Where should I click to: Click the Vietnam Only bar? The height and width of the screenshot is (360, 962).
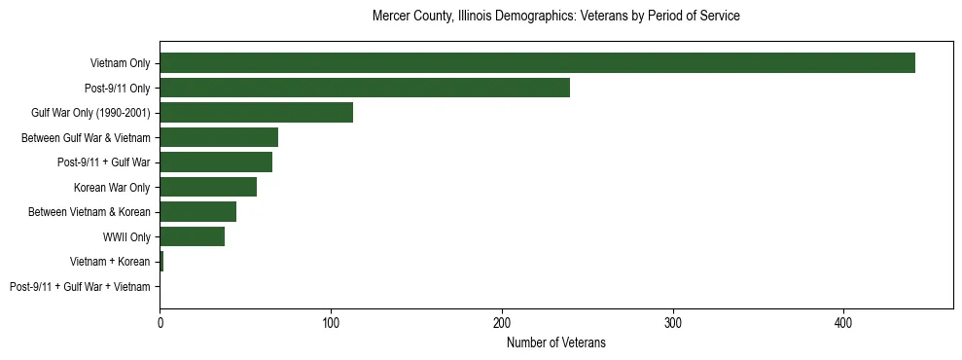pos(537,63)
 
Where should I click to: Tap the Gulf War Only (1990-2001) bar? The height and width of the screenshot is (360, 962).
pos(256,113)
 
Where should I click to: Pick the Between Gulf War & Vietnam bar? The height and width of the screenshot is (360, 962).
pos(219,138)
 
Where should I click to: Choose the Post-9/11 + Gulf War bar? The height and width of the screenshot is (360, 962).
pos(216,162)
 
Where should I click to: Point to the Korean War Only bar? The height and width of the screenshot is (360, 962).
pos(208,188)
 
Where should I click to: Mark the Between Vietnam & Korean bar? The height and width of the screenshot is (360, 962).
pos(198,212)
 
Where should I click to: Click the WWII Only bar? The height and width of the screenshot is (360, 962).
pos(193,236)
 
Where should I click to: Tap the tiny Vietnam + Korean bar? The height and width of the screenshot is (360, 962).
pos(161,262)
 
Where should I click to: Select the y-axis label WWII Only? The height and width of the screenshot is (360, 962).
pos(126,237)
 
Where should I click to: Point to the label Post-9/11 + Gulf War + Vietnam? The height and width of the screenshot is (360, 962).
pos(80,287)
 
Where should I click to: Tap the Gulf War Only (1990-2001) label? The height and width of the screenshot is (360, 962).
pos(90,113)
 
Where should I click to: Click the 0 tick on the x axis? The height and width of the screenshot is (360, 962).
pos(160,321)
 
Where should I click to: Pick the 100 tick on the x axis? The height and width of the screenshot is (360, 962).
pos(331,321)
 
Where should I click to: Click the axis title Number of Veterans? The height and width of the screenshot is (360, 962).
pos(556,342)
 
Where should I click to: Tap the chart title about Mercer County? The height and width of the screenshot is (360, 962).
pos(556,17)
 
